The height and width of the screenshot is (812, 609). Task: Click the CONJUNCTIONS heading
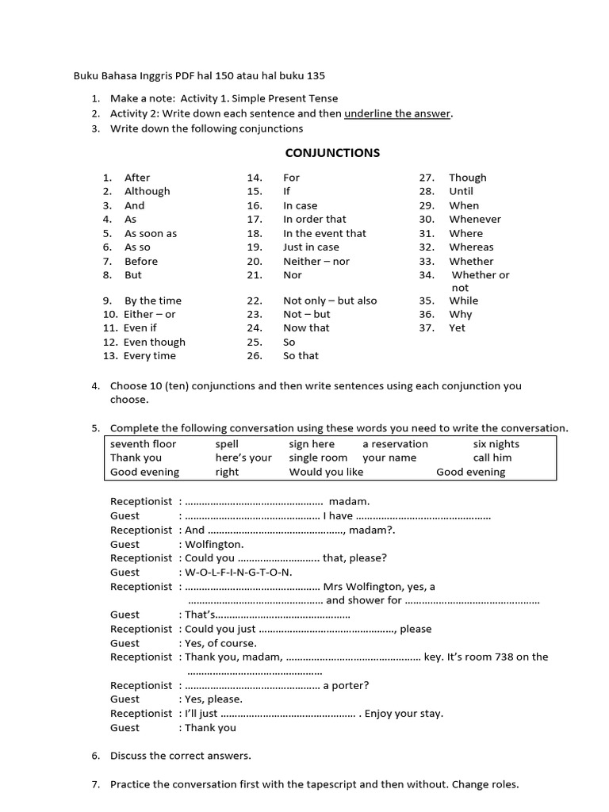click(x=332, y=153)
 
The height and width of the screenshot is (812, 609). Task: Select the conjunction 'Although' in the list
click(x=147, y=191)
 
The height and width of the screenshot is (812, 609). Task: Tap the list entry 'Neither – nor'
click(x=316, y=261)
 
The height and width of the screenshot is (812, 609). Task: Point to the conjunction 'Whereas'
click(x=471, y=247)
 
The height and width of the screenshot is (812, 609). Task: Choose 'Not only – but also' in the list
click(x=330, y=301)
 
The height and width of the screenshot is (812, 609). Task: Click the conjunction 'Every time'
click(x=150, y=356)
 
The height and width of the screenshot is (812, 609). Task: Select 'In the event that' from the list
click(x=324, y=233)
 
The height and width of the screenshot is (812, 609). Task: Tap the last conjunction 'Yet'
click(x=458, y=327)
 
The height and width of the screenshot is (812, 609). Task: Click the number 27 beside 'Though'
click(x=427, y=178)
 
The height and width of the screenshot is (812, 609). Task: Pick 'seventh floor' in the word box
click(x=144, y=444)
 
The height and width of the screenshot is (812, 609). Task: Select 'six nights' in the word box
click(x=496, y=444)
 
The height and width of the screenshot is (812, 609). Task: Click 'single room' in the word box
click(x=318, y=458)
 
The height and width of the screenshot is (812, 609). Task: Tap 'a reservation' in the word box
click(x=395, y=444)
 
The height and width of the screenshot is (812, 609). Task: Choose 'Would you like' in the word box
click(x=326, y=472)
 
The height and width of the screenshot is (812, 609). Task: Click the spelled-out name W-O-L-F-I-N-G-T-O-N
click(x=239, y=572)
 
